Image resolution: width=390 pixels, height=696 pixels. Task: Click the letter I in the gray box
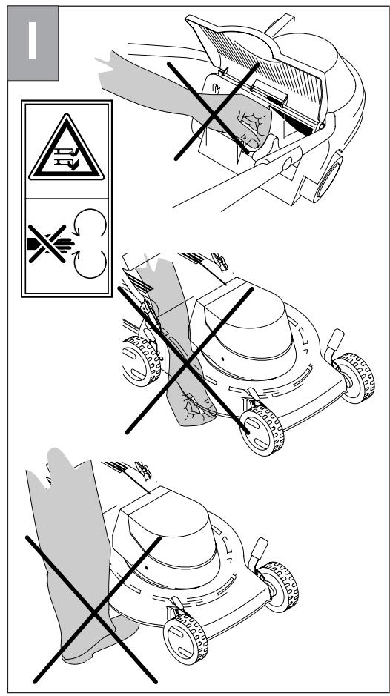pos(32,40)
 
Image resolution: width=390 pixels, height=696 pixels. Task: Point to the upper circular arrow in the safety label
pos(90,223)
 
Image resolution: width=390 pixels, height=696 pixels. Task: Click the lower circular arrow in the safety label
pos(90,264)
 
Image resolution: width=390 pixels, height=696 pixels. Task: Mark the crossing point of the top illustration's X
pos(215,111)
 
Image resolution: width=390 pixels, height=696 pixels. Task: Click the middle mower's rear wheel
pos(142,360)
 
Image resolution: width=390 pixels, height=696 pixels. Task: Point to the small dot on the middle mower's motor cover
pos(222,358)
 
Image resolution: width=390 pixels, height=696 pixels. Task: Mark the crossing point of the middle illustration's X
pos(187,362)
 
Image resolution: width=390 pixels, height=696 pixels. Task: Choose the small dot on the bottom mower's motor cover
pos(146,567)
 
